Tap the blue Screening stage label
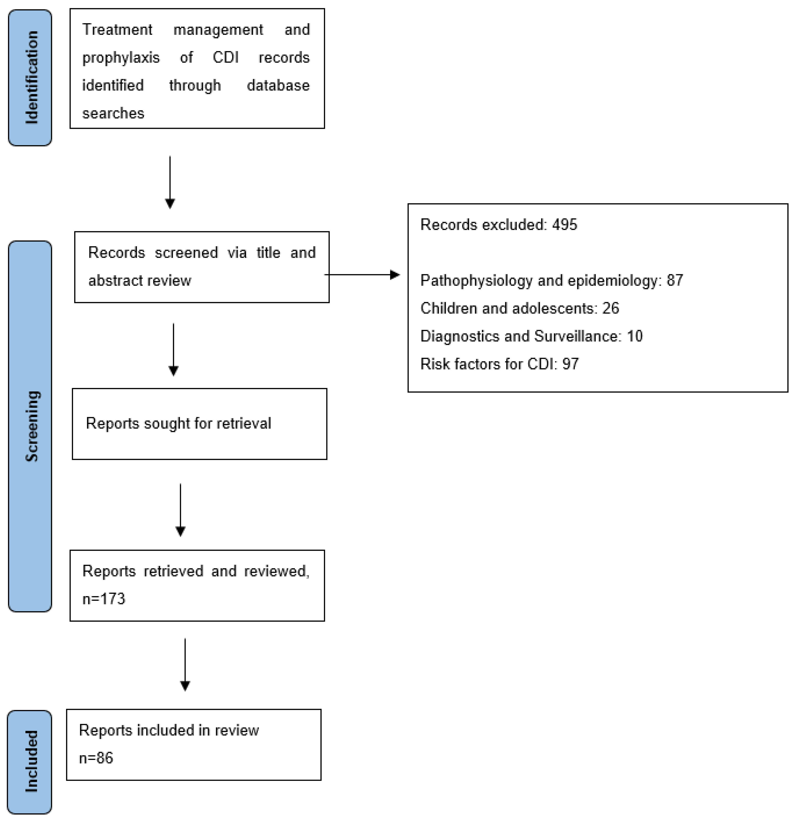tap(30, 426)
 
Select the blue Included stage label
tap(30, 762)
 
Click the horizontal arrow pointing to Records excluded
tap(362, 275)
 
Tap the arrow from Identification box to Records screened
tap(170, 182)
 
